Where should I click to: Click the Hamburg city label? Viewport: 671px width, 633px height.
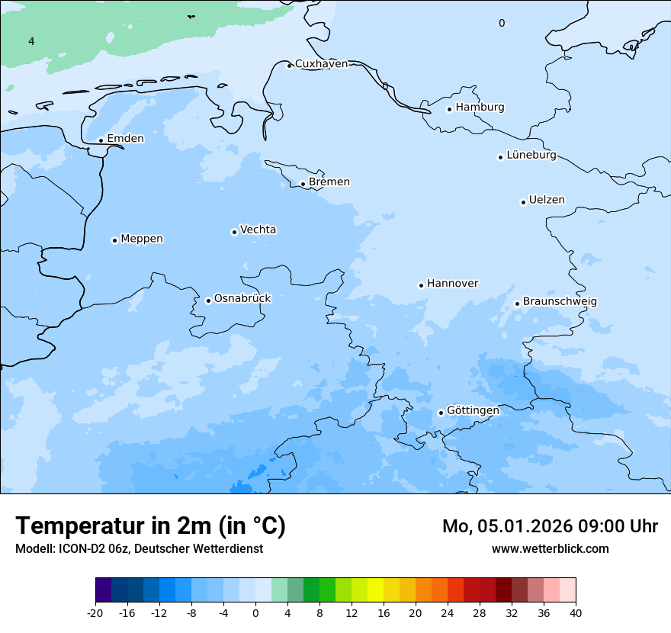pos(480,108)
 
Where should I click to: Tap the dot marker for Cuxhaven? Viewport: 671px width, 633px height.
pos(289,66)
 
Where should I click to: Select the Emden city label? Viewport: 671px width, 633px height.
pos(125,139)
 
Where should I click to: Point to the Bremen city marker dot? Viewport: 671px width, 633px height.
pos(303,184)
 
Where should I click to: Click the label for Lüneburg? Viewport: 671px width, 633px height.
pos(531,156)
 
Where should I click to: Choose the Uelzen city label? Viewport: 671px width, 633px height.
pos(547,201)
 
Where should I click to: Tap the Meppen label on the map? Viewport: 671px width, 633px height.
pos(142,239)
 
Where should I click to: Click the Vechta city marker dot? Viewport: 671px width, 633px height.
pos(234,232)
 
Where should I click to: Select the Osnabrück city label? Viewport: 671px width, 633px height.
pos(242,299)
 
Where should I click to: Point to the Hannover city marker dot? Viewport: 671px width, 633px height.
pos(421,285)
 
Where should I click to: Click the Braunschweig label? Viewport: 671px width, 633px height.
pos(560,302)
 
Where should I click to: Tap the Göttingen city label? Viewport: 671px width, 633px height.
pos(473,411)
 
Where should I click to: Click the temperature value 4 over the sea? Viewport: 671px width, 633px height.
pos(31,41)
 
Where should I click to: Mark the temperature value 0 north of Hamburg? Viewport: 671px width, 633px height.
pos(502,23)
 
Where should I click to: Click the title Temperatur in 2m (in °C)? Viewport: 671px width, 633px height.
pos(150,525)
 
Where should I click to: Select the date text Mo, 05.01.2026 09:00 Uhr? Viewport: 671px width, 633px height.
pos(550,526)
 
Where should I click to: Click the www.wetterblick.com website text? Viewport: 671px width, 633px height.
pos(550,548)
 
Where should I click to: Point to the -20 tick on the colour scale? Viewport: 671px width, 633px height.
pos(95,612)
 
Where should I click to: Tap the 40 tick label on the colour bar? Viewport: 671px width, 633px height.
pos(575,612)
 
